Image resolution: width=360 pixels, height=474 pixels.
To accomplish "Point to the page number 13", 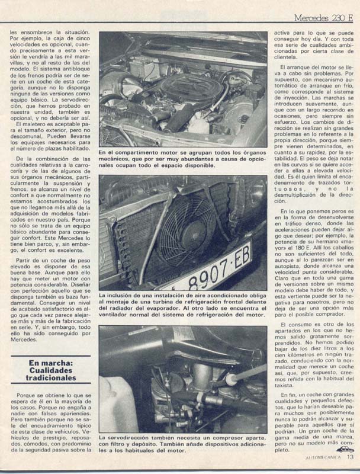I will click(x=350, y=456).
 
